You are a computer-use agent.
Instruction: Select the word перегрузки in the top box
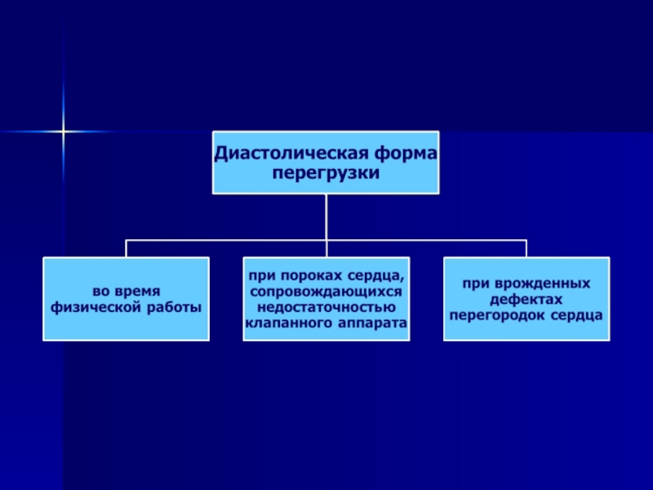click(326, 174)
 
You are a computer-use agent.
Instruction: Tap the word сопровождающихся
click(326, 292)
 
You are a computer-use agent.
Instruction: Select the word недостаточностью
click(326, 307)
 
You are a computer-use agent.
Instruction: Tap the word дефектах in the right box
click(526, 299)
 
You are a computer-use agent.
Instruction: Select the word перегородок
click(491, 314)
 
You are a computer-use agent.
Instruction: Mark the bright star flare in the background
click(63, 131)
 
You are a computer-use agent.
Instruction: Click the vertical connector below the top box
click(326, 216)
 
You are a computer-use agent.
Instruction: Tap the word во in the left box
click(100, 292)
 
